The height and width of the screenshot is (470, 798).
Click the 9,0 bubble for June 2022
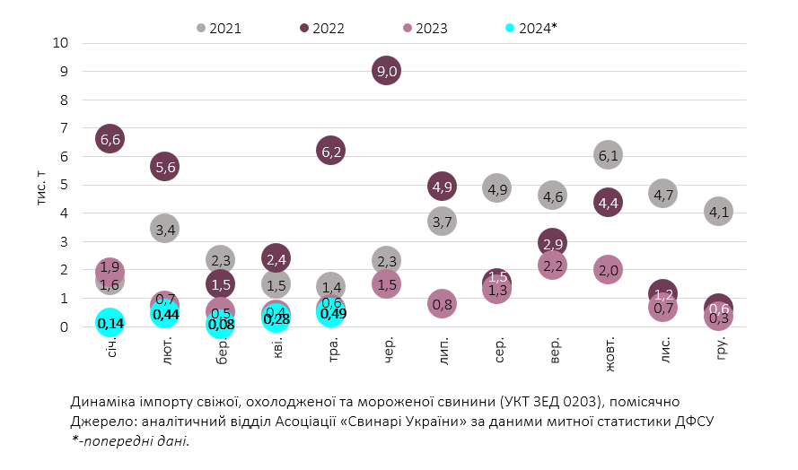pyautogui.click(x=386, y=72)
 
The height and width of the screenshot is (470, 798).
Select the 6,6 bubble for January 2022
pyautogui.click(x=110, y=138)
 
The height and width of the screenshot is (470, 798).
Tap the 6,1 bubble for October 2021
pyautogui.click(x=608, y=155)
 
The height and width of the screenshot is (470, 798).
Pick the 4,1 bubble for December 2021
pyautogui.click(x=718, y=213)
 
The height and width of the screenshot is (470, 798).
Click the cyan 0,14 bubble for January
pyautogui.click(x=110, y=323)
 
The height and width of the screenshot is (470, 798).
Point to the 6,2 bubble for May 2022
pyautogui.click(x=330, y=152)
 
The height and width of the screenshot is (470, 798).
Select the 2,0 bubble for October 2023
pyautogui.click(x=608, y=269)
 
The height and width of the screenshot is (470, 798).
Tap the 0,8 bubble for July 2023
pyautogui.click(x=442, y=304)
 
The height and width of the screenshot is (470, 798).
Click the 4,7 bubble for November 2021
pyautogui.click(x=663, y=193)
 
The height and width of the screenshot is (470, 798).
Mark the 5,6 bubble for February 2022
pyautogui.click(x=165, y=166)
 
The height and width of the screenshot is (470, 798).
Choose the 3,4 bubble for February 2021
pyautogui.click(x=164, y=229)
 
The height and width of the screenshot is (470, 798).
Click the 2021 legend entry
pyautogui.click(x=220, y=28)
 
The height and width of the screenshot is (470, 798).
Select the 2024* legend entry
pyautogui.click(x=531, y=28)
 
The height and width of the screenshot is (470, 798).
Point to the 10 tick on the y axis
pyautogui.click(x=61, y=43)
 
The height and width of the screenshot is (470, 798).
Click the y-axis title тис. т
pyautogui.click(x=43, y=185)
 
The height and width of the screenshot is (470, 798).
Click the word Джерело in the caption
pyautogui.click(x=98, y=421)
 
